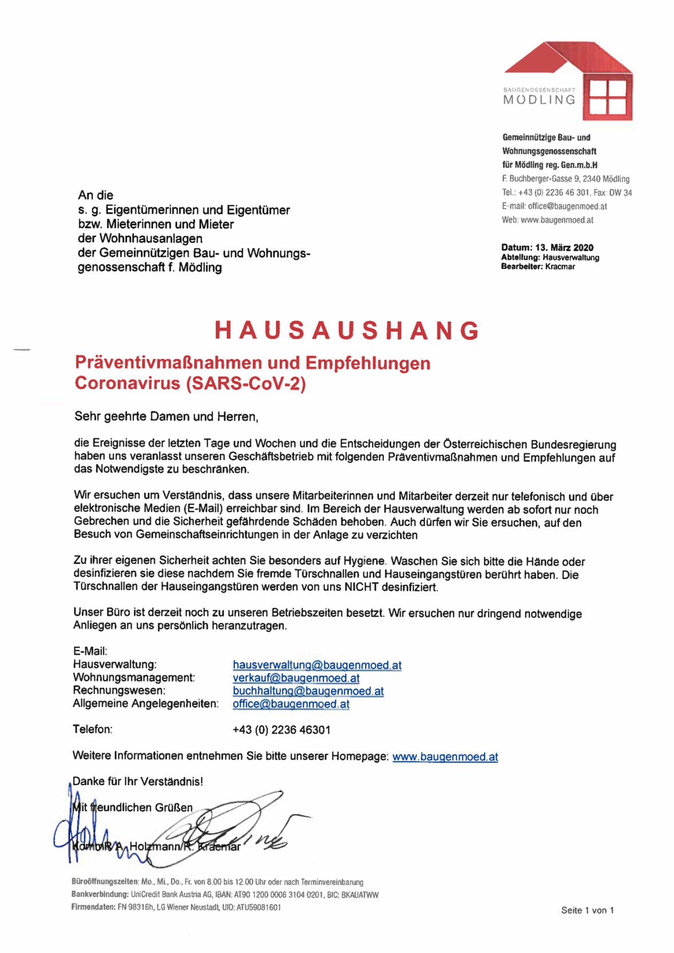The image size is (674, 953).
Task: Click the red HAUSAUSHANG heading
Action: tap(347, 331)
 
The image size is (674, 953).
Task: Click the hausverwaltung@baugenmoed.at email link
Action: tap(317, 665)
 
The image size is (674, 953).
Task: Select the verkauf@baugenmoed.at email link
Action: tap(296, 678)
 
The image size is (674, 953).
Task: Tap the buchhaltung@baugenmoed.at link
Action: tap(308, 691)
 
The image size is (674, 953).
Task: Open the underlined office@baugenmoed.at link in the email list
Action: tap(291, 704)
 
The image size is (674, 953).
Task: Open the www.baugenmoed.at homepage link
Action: tap(445, 757)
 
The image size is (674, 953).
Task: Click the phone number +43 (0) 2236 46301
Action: tap(281, 730)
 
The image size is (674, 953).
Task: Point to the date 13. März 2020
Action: tap(564, 248)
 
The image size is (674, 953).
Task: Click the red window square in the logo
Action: tap(608, 98)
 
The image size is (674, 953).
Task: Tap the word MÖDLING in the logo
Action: tap(540, 100)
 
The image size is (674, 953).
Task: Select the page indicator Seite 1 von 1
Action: tap(587, 910)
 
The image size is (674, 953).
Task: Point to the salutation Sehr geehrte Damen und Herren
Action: tap(166, 417)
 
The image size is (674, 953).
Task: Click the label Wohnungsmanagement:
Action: tap(134, 678)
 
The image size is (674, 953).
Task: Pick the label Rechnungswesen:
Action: tap(119, 691)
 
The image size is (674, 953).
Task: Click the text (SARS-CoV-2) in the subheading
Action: tap(245, 383)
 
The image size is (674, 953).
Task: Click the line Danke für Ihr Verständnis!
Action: tap(137, 781)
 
